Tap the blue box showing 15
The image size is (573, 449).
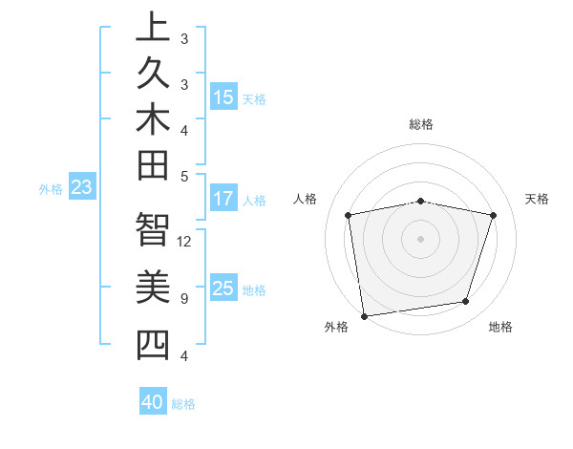coord(223,97)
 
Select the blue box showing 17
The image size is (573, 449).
coord(223,200)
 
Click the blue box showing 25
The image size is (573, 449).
coord(223,289)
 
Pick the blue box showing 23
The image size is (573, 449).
coord(82,188)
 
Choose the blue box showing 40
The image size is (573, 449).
coord(153,403)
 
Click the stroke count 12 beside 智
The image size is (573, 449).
coord(184,241)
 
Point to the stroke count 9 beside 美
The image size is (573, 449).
coord(184,299)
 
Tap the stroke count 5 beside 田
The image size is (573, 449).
coord(184,176)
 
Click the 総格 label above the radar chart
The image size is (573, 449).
coord(421,124)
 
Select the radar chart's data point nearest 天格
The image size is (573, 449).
coord(494,215)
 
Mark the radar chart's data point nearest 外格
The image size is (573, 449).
coord(365,315)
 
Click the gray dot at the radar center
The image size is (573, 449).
coord(421,238)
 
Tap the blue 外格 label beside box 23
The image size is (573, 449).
coord(51,189)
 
